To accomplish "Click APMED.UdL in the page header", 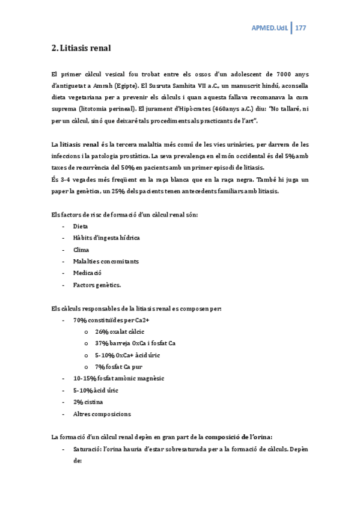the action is pyautogui.click(x=268, y=28).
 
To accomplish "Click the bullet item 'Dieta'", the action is pyautogui.click(x=81, y=226).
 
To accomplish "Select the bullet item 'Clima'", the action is pyautogui.click(x=81, y=250).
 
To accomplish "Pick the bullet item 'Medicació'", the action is pyautogui.click(x=87, y=273).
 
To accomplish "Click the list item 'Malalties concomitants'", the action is pyautogui.click(x=106, y=261).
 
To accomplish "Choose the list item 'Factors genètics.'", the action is pyautogui.click(x=97, y=284).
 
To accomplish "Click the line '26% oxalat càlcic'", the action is pyautogui.click(x=120, y=331).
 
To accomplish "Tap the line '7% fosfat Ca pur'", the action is pyautogui.click(x=118, y=366).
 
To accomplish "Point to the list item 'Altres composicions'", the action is pyautogui.click(x=102, y=413).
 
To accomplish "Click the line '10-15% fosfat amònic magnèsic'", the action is pyautogui.click(x=118, y=378).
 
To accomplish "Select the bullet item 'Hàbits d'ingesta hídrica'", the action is pyautogui.click(x=106, y=238).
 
